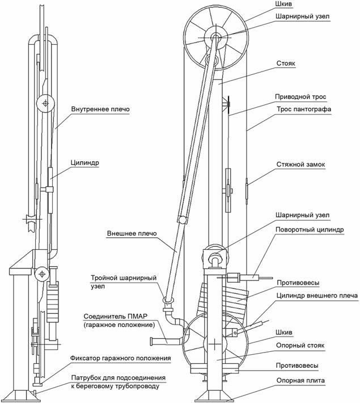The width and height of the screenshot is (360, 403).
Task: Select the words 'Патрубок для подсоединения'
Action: [117, 377]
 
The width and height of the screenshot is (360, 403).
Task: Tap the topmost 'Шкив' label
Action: [284, 6]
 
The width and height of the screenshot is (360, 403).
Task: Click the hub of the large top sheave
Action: [216, 37]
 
